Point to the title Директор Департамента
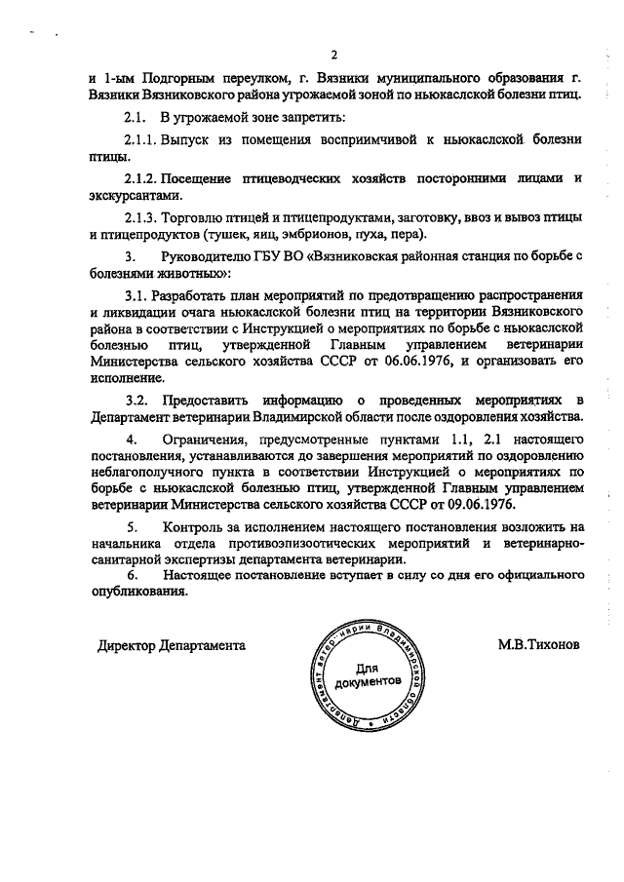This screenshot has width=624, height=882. tap(171, 645)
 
